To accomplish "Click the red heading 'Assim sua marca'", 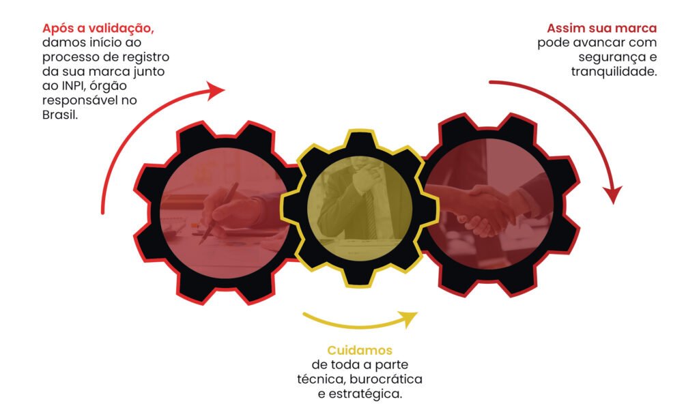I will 601,29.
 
